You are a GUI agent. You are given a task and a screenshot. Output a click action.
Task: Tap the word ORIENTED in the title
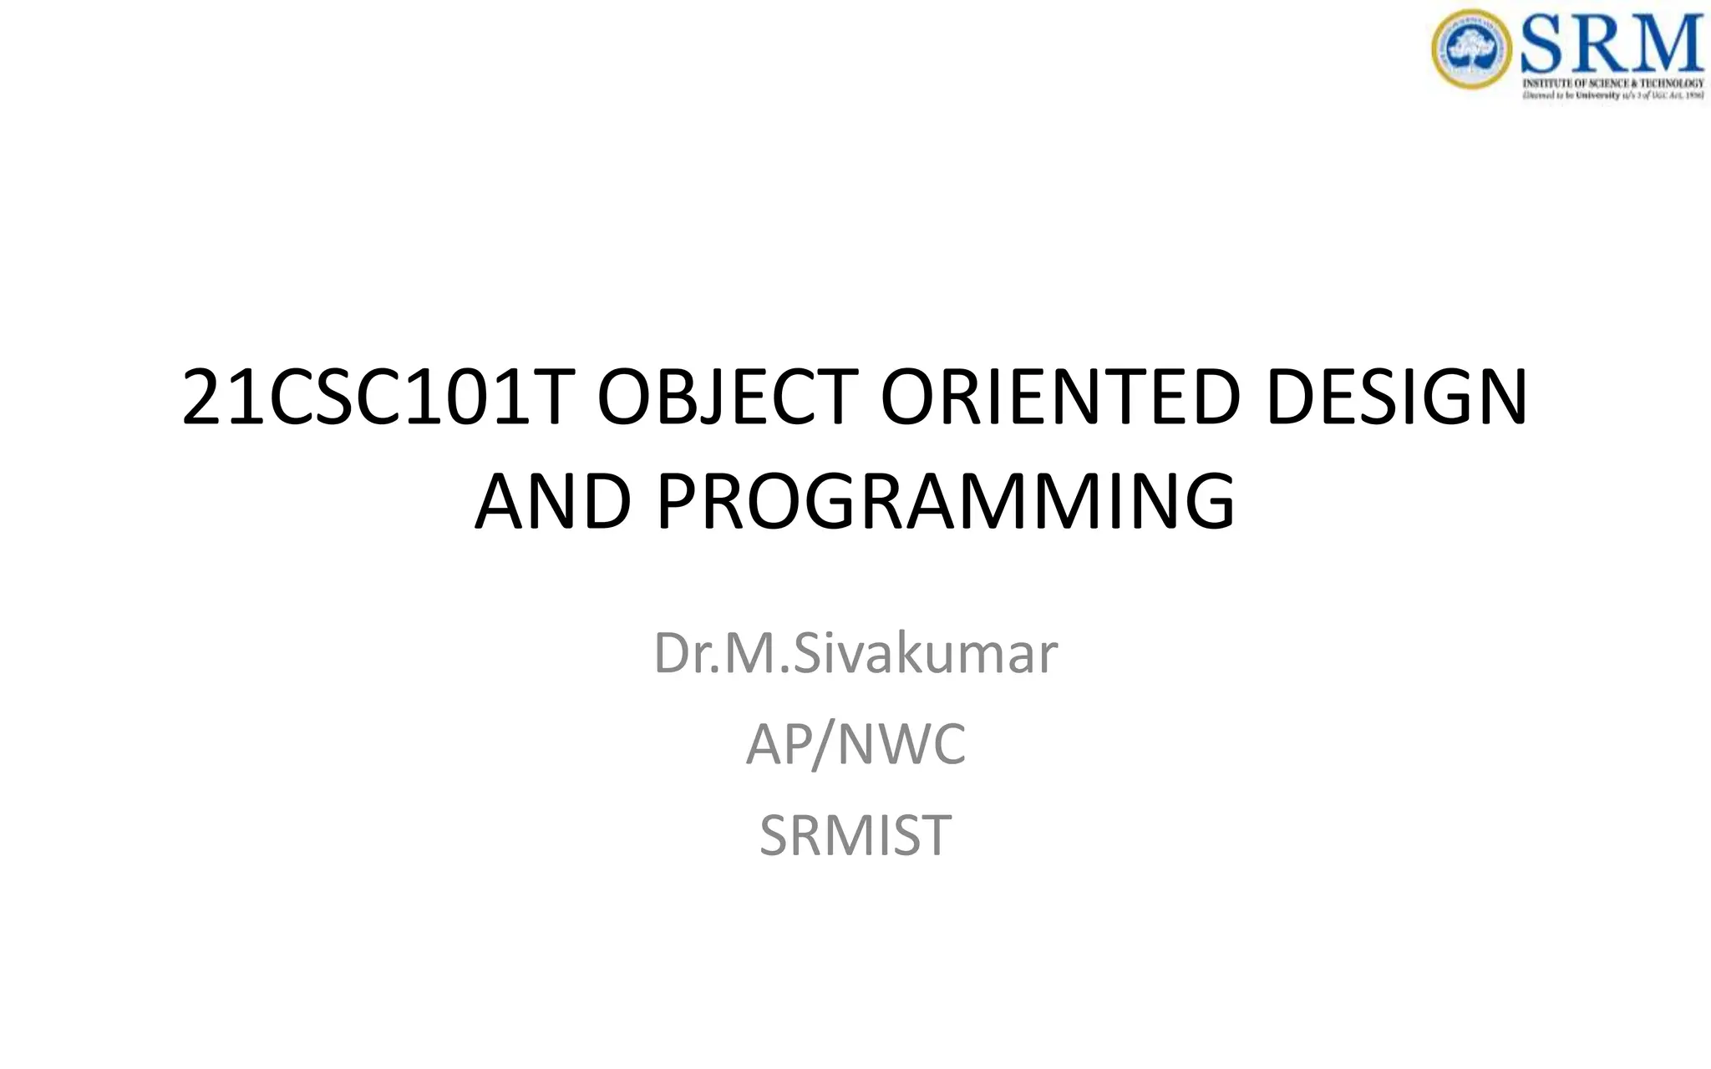point(1060,398)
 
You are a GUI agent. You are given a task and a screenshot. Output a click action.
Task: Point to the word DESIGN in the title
point(1396,398)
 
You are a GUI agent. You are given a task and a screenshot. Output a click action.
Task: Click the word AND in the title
point(552,502)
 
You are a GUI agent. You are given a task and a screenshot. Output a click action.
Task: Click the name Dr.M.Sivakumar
point(855,653)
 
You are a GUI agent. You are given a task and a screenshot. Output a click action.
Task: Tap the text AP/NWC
point(855,744)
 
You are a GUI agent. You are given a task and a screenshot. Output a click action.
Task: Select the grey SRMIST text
point(855,834)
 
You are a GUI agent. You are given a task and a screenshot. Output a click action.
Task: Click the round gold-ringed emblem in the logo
point(1471,48)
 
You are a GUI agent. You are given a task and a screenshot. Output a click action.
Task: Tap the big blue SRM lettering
point(1611,45)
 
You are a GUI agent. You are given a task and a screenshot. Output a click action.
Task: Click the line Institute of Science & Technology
point(1612,84)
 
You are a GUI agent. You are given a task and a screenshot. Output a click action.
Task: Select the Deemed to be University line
point(1612,95)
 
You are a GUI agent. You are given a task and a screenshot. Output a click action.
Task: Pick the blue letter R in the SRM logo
point(1602,45)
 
